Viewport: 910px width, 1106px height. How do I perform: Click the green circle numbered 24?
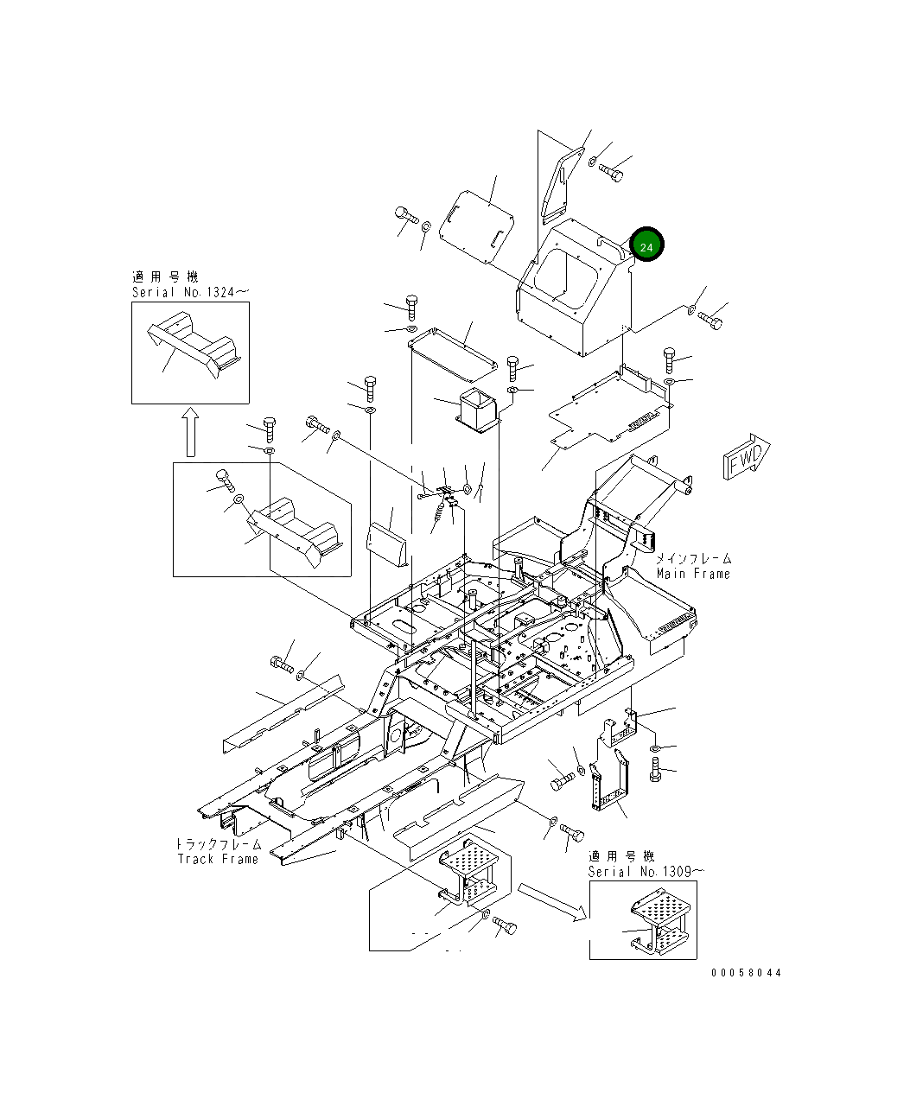(x=646, y=246)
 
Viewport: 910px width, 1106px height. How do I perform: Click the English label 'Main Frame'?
(x=693, y=574)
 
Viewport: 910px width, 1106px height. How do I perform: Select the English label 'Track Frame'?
(x=218, y=859)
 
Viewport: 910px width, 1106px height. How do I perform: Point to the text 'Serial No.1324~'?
(x=190, y=292)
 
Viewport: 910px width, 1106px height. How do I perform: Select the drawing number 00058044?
(x=746, y=972)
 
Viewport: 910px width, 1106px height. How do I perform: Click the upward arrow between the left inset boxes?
(x=190, y=432)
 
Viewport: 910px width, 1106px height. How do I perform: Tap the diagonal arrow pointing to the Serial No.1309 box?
(x=553, y=899)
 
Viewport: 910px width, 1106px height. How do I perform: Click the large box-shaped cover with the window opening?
(x=575, y=289)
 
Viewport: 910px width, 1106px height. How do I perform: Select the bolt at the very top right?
(x=611, y=173)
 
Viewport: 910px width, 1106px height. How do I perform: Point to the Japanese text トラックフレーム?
(x=218, y=844)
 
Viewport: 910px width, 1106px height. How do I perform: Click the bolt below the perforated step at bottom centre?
(x=505, y=927)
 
